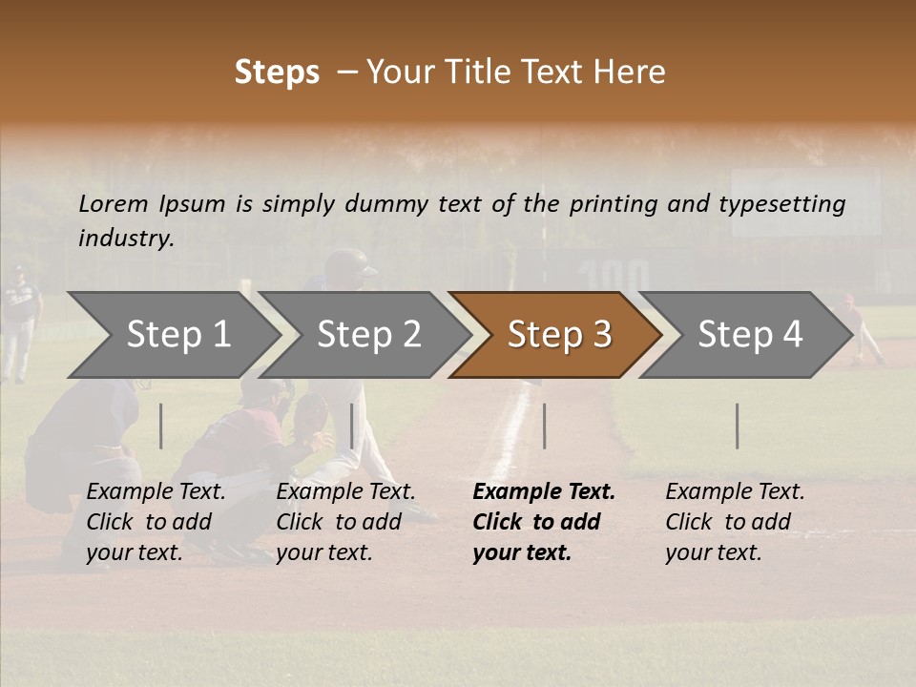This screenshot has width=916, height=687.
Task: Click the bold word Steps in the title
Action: pos(277,73)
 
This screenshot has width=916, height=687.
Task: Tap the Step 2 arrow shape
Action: pos(368,335)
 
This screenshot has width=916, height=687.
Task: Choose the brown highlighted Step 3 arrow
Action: pos(558,335)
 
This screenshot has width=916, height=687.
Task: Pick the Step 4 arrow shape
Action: pos(749,335)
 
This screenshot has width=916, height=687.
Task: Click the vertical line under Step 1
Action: pos(161,426)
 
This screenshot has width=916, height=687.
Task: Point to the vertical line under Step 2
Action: pos(352,426)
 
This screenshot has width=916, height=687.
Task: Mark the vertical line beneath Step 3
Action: pos(545,426)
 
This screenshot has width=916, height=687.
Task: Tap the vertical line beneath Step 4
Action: pos(738,426)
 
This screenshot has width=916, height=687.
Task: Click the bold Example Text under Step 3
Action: pos(544,492)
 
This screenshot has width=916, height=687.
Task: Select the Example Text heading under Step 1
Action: pos(156,492)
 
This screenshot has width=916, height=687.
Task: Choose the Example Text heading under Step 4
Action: pos(735,492)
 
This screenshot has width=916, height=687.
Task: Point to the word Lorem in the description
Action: pos(114,203)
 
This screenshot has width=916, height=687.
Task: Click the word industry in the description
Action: pos(125,238)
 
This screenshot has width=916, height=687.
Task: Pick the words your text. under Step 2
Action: pos(323,552)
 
